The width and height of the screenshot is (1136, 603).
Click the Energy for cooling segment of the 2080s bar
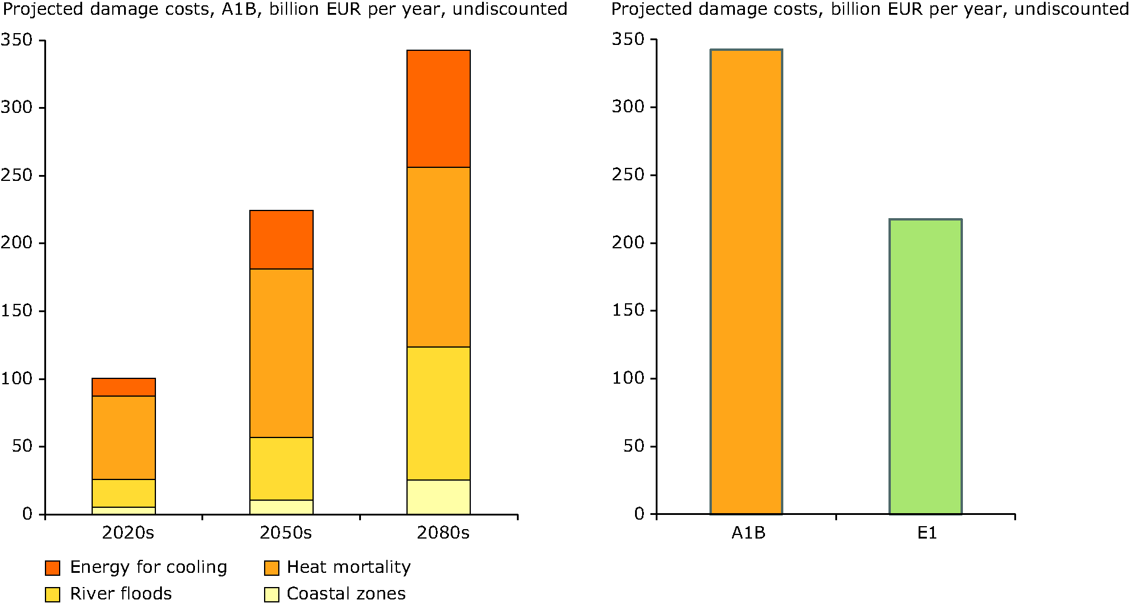tap(438, 109)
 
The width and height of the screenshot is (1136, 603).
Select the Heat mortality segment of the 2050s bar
tap(281, 353)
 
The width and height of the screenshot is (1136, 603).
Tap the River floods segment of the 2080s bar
tap(438, 413)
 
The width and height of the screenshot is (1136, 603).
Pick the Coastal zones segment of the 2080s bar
tap(438, 497)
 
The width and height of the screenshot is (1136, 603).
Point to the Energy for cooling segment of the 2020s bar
tap(123, 387)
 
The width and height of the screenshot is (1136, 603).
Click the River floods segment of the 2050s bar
tap(281, 469)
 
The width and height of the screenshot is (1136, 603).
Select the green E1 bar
tap(925, 367)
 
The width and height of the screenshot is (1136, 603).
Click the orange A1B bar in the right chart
tap(746, 281)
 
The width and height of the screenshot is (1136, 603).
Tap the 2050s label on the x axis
tap(285, 533)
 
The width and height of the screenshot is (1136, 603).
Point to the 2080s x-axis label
tap(443, 533)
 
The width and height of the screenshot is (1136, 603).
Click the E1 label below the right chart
tap(927, 533)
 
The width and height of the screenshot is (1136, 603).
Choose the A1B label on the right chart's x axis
tap(748, 533)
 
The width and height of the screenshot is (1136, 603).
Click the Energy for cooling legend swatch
tap(53, 568)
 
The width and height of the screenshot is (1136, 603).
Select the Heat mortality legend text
tap(349, 568)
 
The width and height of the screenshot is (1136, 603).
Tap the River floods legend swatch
tap(53, 595)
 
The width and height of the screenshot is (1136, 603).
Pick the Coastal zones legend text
tap(346, 594)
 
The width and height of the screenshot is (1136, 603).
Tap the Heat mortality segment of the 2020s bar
tap(123, 437)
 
